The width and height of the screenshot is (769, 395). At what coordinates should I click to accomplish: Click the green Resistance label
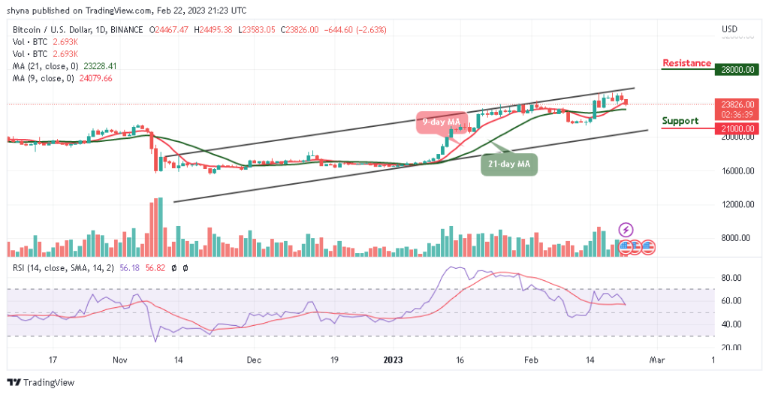(x=686, y=63)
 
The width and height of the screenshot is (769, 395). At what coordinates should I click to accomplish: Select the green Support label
(x=680, y=121)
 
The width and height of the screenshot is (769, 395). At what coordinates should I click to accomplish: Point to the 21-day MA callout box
(x=509, y=164)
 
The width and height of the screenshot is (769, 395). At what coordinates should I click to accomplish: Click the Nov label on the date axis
(x=120, y=360)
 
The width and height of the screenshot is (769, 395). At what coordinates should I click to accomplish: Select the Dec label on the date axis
(x=253, y=360)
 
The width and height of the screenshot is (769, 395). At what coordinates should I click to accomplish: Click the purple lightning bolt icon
(x=626, y=229)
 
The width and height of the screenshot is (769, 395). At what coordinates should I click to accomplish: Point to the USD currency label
(x=729, y=29)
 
